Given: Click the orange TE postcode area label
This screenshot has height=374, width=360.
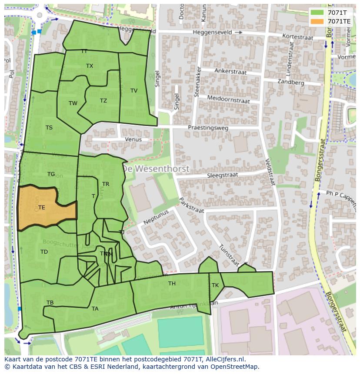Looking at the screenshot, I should point(41,208).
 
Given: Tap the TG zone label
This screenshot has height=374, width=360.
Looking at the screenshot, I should point(51,174).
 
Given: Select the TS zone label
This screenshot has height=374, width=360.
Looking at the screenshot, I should point(49,128).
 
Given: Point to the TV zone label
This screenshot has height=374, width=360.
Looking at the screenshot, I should point(134,91).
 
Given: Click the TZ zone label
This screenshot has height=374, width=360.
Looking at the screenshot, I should point(103,101).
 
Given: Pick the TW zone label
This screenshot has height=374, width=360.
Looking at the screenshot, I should point(73,103).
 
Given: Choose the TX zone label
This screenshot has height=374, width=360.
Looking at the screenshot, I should point(90,66).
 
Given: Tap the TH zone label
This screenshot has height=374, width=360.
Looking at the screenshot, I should point(172,284).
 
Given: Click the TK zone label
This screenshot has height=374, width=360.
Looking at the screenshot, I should point(215,285).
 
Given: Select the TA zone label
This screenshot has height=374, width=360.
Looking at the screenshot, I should point(95,309).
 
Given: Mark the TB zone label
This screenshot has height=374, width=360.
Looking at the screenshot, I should point(50,303).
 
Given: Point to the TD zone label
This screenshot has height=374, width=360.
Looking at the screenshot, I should point(44,252).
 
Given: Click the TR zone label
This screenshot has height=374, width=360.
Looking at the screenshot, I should point(106,184).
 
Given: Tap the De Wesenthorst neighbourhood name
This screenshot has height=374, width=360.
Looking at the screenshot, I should point(155,168).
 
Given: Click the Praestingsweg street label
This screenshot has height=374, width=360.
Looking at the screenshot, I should point(207,128).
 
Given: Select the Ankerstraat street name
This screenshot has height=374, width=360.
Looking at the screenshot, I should point(230,72).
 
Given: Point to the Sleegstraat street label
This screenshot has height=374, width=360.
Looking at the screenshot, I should point(222,175).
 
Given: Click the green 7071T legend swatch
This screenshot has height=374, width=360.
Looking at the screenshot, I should point(317,13).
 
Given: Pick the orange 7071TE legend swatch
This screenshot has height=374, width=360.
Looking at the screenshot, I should point(317,21).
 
